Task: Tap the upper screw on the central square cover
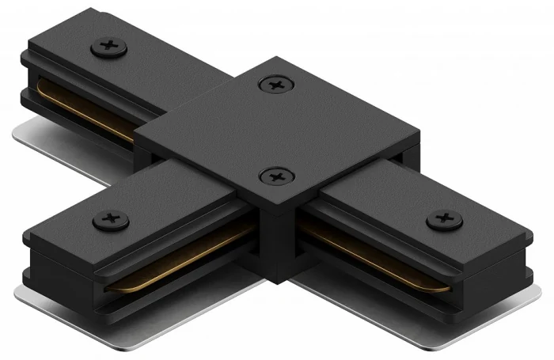(275, 83)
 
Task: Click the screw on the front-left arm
(111, 219)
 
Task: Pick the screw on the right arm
(444, 218)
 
